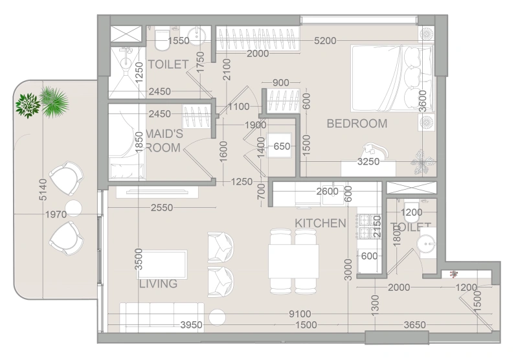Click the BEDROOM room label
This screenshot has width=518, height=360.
357,124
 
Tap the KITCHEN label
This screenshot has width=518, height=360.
320,223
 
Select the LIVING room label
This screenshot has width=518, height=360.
158,284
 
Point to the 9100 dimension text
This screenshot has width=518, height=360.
300,314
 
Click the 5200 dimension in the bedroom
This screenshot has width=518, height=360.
325,41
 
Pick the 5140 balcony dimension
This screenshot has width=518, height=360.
43,190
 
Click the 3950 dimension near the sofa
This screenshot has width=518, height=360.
191,325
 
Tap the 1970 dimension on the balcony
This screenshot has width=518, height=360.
56,215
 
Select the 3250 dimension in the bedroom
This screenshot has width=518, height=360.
368,162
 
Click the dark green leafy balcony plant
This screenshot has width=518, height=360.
28,106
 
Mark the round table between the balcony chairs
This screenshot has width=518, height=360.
73,208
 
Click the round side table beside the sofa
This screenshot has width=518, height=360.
217,317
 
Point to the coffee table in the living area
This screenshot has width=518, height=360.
163,264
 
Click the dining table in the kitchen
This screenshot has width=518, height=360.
293,261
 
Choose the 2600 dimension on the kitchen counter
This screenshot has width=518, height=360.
328,192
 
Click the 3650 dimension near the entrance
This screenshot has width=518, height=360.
414,325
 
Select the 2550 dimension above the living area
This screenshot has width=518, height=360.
162,208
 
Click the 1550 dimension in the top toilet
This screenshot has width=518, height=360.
179,41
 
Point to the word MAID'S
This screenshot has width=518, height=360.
164,134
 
